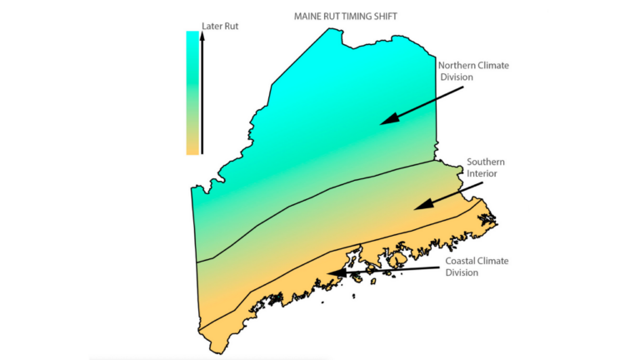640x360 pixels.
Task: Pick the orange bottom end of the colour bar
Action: point(192,150)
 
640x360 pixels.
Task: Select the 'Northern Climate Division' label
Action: point(473,71)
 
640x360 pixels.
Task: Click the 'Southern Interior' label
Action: point(485,167)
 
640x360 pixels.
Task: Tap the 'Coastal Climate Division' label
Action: point(476,267)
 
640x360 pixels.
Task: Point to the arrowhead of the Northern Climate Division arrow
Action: point(384,122)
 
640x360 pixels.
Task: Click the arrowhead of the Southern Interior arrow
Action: point(418,206)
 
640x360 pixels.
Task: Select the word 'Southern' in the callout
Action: point(486,162)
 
